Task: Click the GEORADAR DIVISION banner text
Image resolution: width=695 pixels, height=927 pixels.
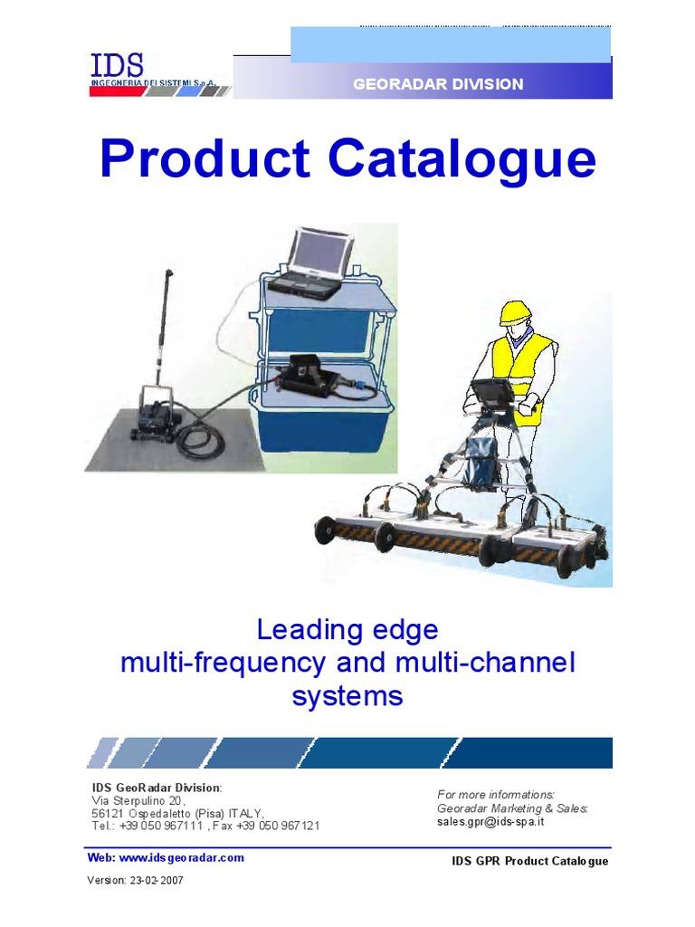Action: (437, 84)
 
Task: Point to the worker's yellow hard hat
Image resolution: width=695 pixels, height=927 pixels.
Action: (515, 312)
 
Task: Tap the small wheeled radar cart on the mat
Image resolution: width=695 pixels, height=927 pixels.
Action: (158, 416)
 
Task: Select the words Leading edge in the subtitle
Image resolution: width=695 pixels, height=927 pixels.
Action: (347, 629)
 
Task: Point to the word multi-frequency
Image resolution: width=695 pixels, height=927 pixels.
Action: (223, 663)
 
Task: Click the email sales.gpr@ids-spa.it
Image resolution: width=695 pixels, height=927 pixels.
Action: (490, 821)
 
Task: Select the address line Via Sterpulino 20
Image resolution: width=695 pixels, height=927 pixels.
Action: (138, 801)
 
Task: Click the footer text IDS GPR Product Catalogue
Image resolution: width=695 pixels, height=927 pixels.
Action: (529, 860)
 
